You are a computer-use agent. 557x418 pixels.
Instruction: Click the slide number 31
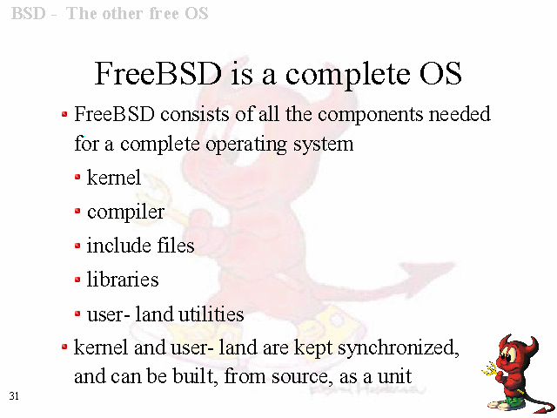tap(14, 396)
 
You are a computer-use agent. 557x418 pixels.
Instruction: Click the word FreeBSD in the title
tap(158, 73)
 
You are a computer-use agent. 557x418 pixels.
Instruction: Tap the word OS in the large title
tap(440, 73)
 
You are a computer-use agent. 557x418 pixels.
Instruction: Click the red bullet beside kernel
tap(77, 177)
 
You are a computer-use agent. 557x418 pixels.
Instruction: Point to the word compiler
tap(125, 212)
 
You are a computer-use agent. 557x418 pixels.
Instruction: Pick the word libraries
tap(123, 280)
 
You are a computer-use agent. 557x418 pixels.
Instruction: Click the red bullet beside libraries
tap(77, 280)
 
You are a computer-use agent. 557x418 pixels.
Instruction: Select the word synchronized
tap(399, 348)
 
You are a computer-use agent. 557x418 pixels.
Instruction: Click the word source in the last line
tap(302, 377)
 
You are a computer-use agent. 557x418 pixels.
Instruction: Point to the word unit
tap(394, 376)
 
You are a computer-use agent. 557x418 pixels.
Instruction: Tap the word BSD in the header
tap(29, 14)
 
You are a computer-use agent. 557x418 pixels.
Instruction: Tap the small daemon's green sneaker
tap(506, 402)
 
